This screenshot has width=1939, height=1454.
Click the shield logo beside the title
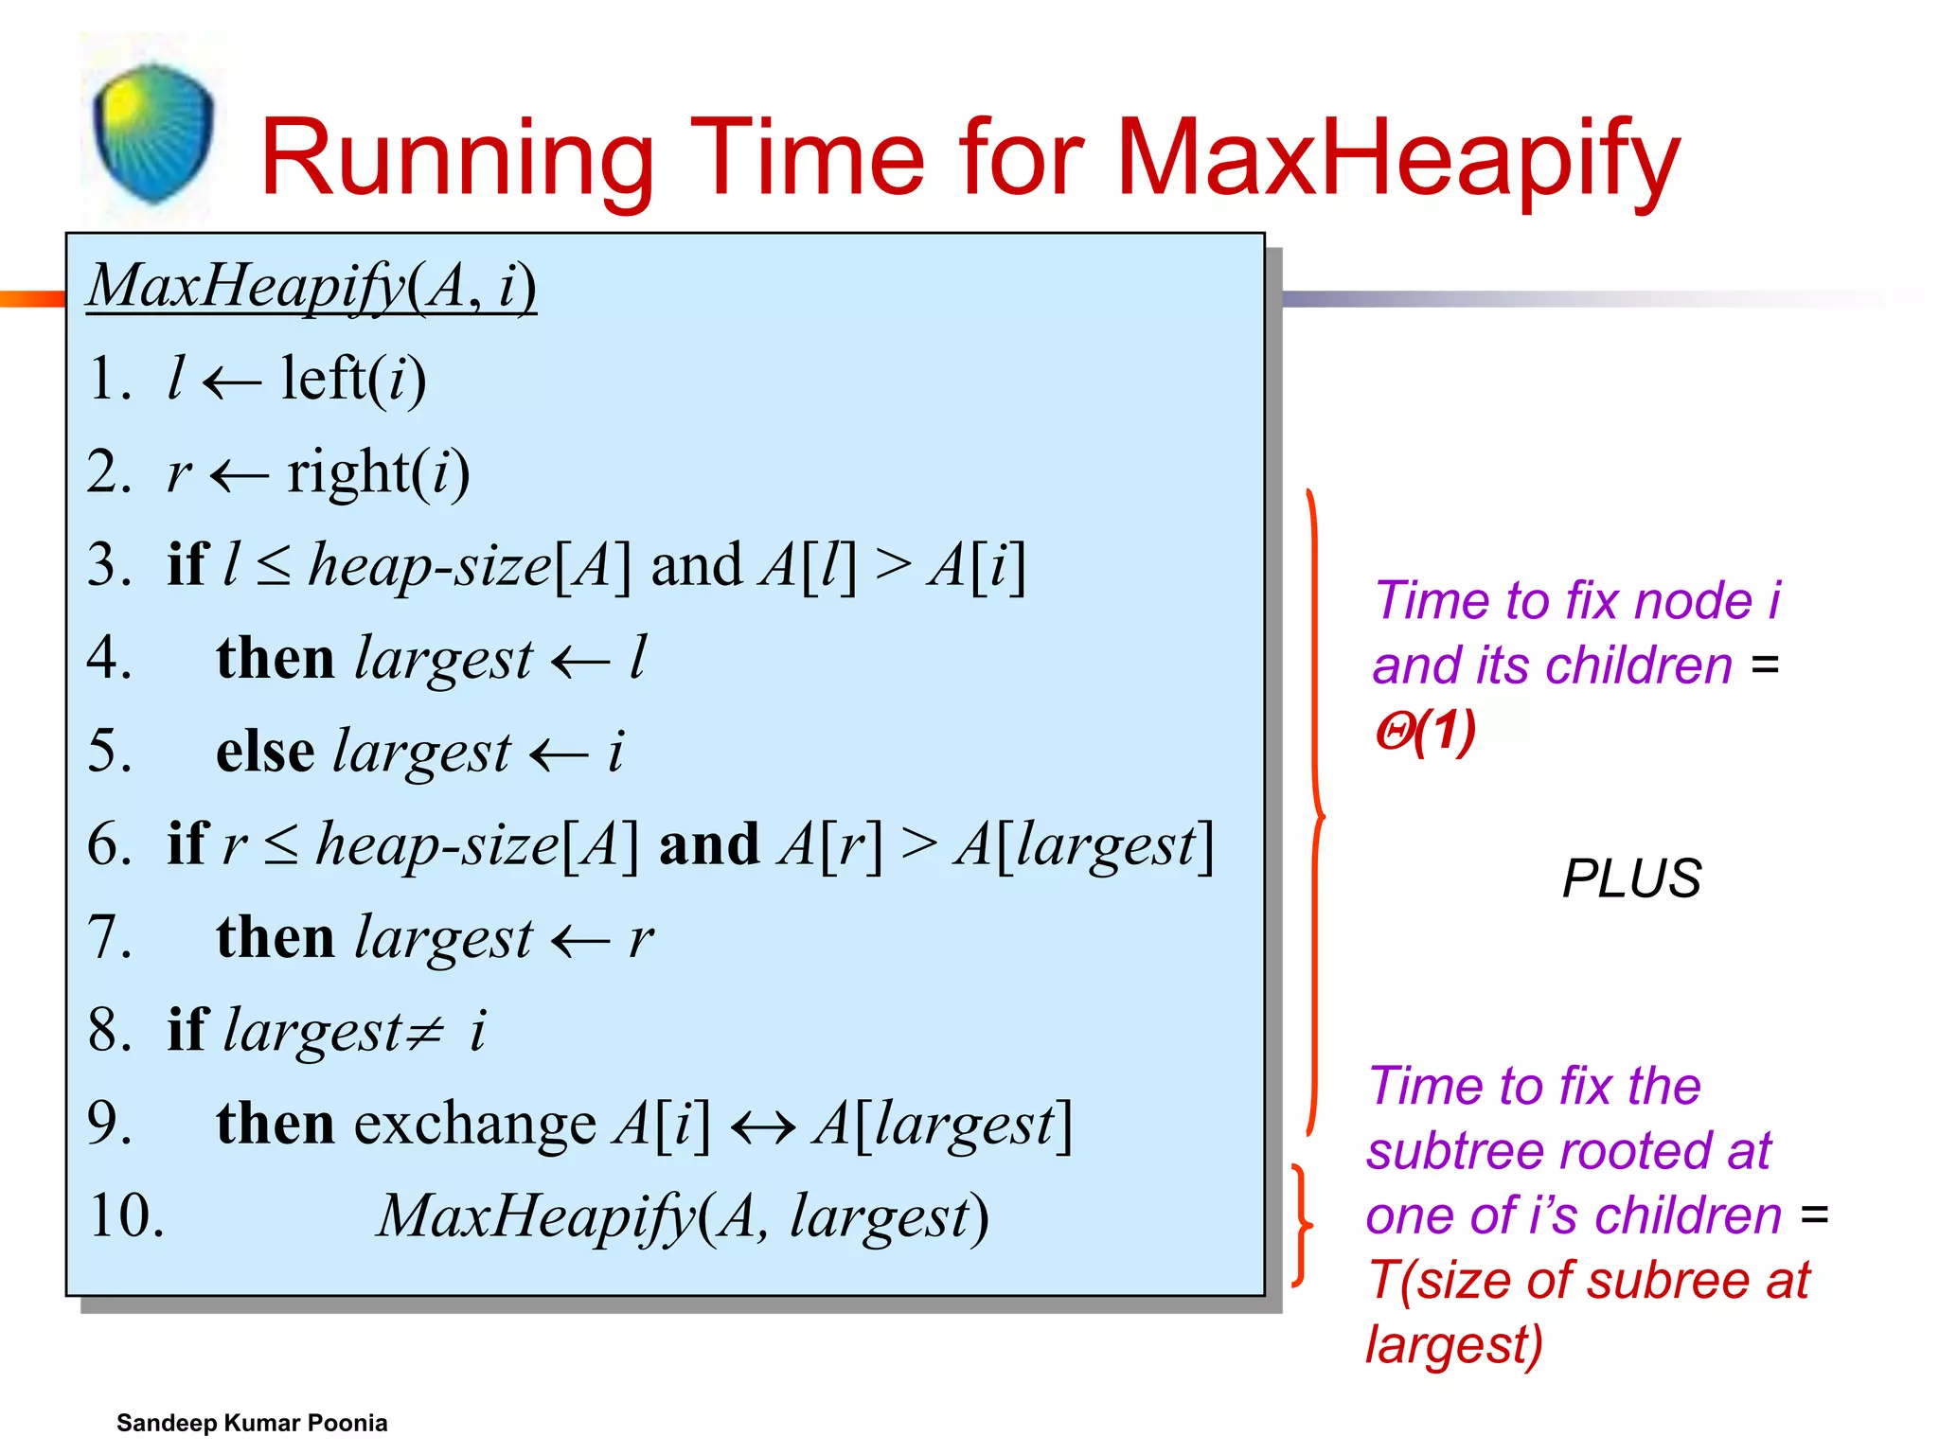153,133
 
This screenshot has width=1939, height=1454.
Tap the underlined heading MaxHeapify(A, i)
311,286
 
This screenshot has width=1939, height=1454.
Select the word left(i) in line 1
353,380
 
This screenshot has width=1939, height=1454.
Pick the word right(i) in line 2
378,472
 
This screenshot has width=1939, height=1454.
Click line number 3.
108,565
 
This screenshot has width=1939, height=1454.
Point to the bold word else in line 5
265,752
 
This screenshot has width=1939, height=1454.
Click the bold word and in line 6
709,844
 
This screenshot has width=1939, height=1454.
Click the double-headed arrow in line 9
763,1126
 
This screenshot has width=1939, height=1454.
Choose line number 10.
125,1216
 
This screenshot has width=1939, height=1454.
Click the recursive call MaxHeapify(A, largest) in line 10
682,1216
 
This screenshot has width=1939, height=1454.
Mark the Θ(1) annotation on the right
1425,732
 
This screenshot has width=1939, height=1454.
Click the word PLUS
1630,878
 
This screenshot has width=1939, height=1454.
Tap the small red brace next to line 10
1303,1226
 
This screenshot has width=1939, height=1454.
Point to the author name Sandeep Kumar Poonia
252,1423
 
